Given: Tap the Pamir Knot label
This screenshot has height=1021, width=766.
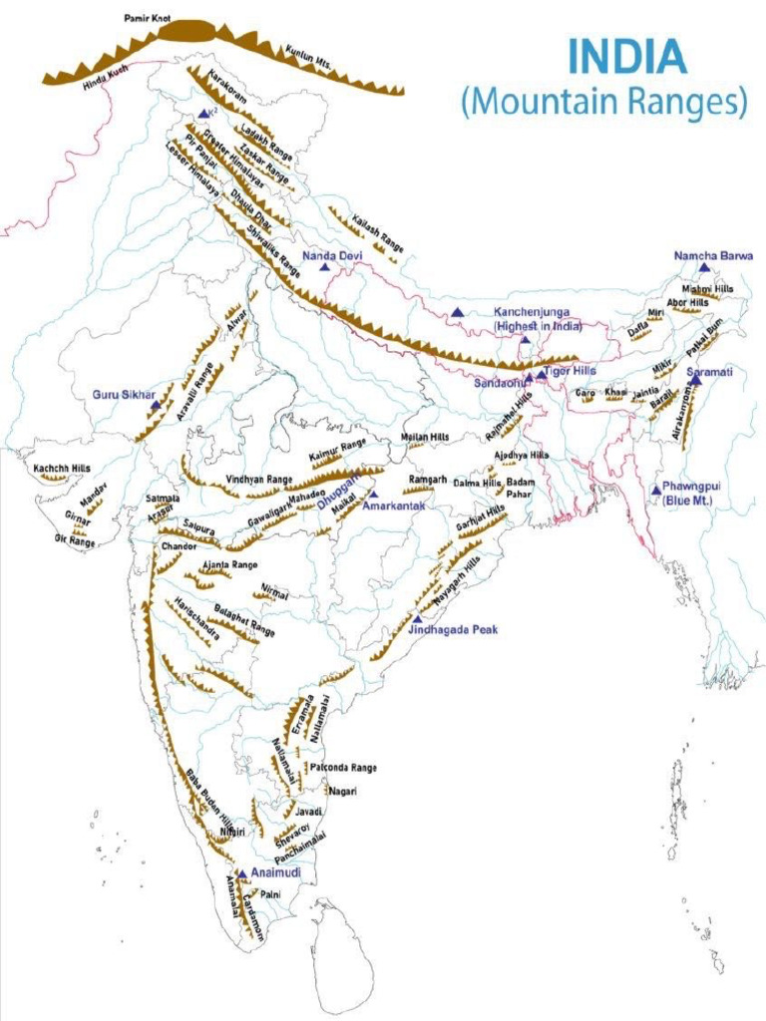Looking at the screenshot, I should (148, 18).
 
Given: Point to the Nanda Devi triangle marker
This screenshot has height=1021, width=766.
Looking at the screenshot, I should (324, 267).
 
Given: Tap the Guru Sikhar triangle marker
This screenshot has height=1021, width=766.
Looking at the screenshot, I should (155, 407).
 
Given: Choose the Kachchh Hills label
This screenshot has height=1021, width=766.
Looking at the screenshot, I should (61, 468).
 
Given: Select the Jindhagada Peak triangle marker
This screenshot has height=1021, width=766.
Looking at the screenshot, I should (417, 619).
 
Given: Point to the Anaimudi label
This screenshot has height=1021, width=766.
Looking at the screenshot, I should (275, 872).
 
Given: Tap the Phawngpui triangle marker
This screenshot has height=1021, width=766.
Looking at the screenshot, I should (655, 490).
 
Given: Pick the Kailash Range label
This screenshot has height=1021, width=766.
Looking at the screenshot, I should (378, 230).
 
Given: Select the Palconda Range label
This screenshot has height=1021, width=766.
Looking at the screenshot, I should (343, 768).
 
